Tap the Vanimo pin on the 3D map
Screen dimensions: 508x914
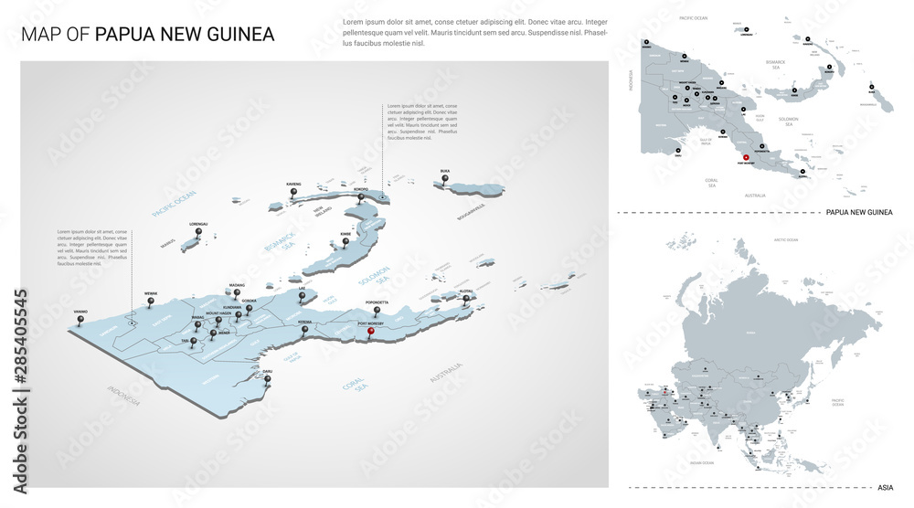(x=81, y=322)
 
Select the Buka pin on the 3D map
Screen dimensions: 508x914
(x=445, y=180)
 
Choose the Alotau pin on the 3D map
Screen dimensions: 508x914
(x=466, y=298)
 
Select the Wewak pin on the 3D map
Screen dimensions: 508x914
(x=152, y=303)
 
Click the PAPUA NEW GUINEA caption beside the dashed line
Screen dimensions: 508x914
(x=858, y=212)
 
